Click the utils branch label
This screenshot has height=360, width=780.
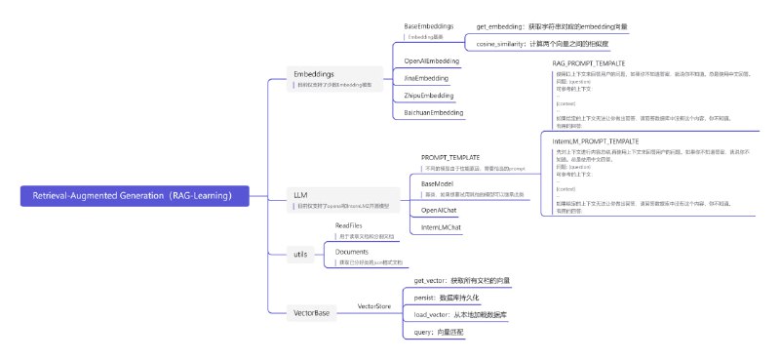pyautogui.click(x=300, y=254)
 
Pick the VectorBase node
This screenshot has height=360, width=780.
pyautogui.click(x=312, y=312)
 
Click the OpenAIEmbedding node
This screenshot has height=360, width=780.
pyautogui.click(x=432, y=60)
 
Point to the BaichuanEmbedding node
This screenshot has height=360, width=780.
pyautogui.click(x=434, y=113)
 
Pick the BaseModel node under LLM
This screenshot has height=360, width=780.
pyautogui.click(x=438, y=182)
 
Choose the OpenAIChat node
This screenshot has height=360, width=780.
pyautogui.click(x=439, y=210)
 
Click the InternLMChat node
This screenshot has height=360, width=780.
pyautogui.click(x=442, y=227)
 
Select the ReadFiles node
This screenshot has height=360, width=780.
pyautogui.click(x=349, y=225)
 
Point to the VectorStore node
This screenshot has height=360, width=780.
pyautogui.click(x=374, y=306)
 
